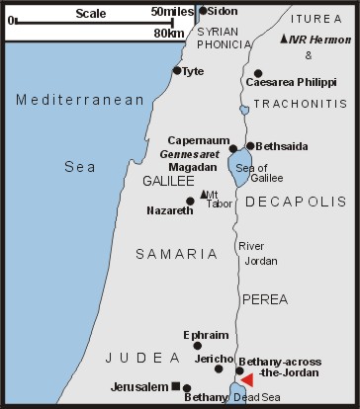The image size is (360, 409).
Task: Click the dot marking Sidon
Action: [x=203, y=11]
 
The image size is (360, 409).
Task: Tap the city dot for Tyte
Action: [x=177, y=70]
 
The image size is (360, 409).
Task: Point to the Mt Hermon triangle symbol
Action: [x=285, y=39]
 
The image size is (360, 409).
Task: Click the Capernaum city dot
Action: [x=232, y=149]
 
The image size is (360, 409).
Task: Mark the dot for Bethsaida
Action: [x=250, y=146]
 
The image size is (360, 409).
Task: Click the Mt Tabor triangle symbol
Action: [x=203, y=194]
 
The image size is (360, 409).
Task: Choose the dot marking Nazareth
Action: [x=190, y=202]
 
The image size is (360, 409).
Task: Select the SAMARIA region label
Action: [x=177, y=255]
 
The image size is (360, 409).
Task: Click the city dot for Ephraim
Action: [x=197, y=346]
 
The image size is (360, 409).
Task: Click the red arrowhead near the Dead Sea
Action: [x=248, y=380]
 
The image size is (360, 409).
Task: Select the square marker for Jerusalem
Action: [x=175, y=386]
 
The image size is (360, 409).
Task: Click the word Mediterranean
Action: [x=65, y=99]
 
